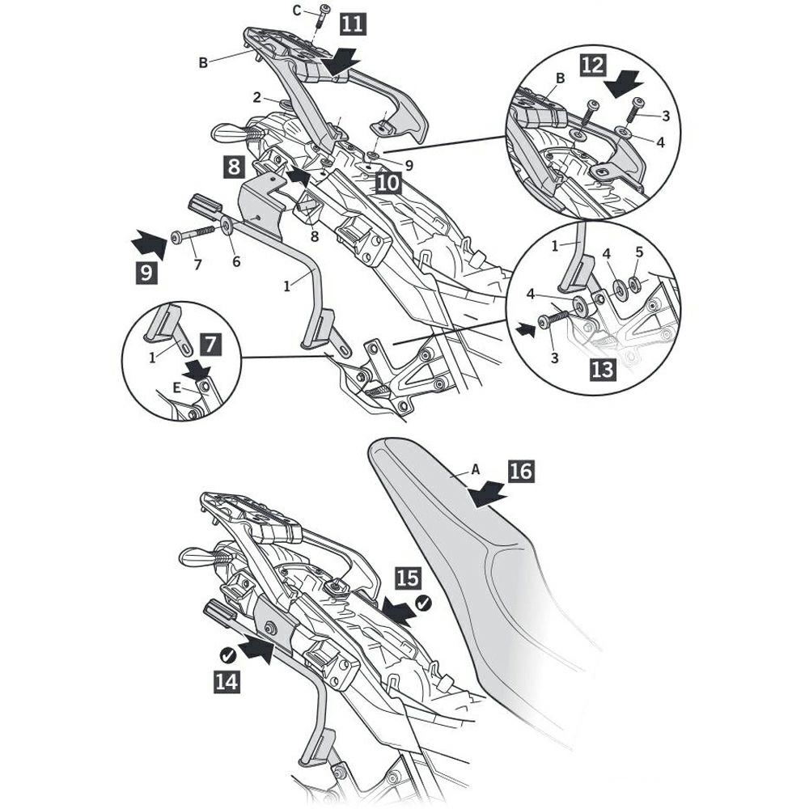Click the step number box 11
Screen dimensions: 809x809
351,22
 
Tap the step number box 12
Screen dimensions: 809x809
592,65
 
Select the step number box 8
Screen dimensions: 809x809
233,167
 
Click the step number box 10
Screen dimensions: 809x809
388,182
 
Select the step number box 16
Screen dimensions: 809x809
522,470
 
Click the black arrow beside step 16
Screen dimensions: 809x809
489,493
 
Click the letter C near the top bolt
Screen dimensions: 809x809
297,10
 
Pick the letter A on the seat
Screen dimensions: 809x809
475,468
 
